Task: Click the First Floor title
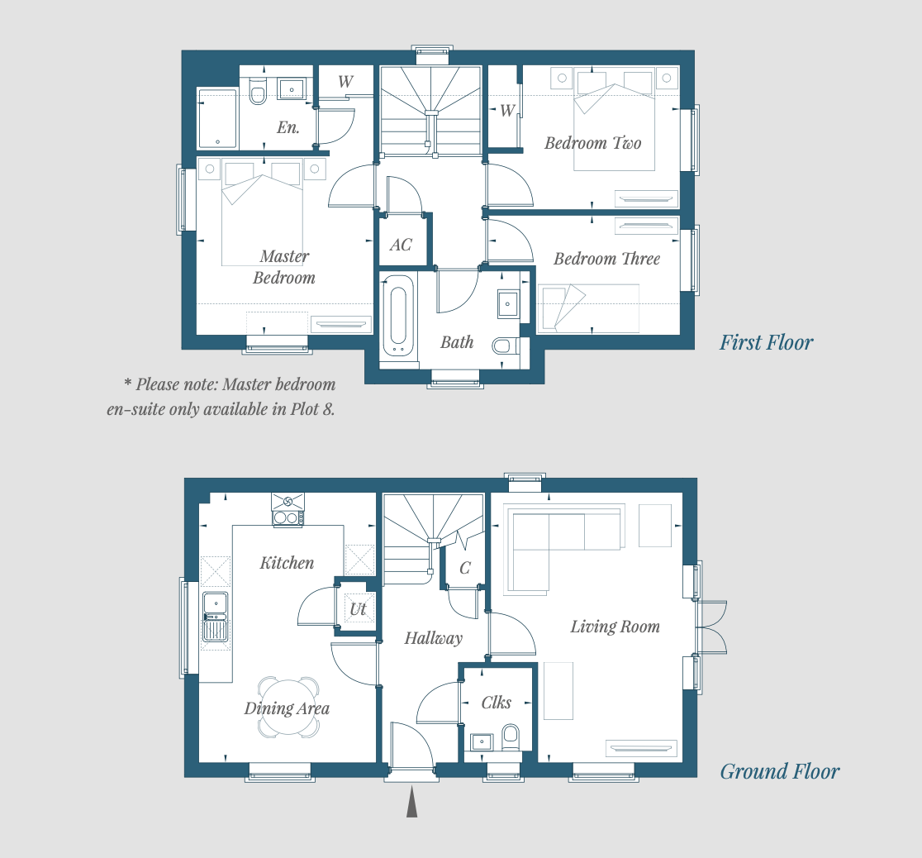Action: (x=766, y=342)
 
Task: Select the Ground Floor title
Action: (x=780, y=771)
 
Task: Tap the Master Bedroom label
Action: (x=284, y=267)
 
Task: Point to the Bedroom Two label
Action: (x=592, y=143)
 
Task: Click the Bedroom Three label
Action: (x=607, y=259)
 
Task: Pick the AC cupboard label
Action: (x=401, y=245)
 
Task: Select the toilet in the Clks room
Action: (x=511, y=737)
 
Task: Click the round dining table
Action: (x=288, y=708)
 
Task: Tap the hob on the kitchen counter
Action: (x=288, y=518)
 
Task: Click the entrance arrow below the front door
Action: (x=411, y=801)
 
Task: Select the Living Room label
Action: (x=615, y=626)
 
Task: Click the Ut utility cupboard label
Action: (x=358, y=609)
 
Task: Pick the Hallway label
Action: (x=434, y=638)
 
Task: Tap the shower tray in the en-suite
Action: (x=217, y=118)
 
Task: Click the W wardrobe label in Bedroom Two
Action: (x=507, y=110)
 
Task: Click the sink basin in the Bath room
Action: (x=507, y=304)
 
